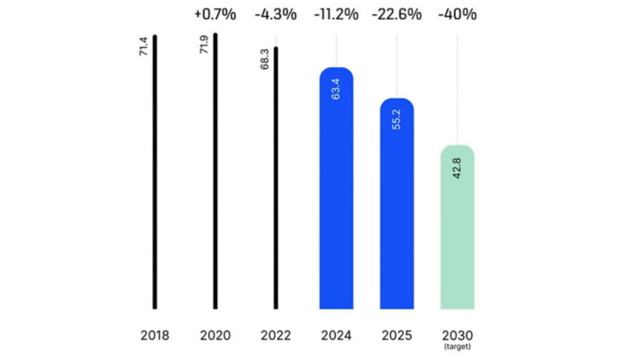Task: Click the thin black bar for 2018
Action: click(155, 172)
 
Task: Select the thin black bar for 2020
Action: click(215, 172)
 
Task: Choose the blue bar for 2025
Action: click(397, 206)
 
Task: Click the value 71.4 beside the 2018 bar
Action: click(142, 47)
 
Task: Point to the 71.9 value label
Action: click(203, 46)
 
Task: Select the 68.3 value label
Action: click(264, 60)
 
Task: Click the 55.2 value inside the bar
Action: click(397, 119)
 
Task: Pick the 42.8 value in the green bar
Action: click(457, 166)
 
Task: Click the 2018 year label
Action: click(155, 336)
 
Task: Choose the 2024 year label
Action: click(336, 336)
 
